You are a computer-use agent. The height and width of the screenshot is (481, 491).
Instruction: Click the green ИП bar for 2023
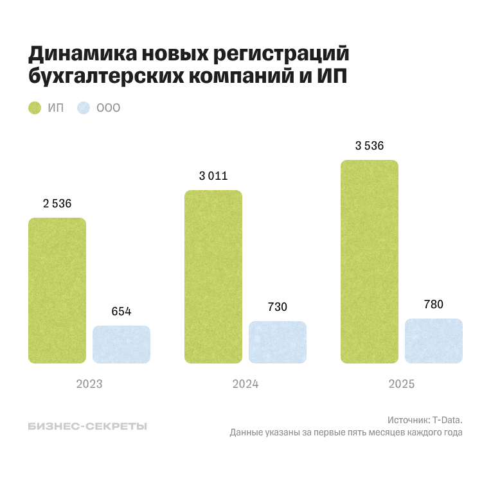(57, 290)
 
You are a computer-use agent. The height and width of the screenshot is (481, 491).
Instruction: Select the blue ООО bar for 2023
(121, 344)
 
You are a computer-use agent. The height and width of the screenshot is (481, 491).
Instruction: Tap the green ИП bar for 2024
(213, 277)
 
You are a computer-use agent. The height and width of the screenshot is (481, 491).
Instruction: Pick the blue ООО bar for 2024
(278, 342)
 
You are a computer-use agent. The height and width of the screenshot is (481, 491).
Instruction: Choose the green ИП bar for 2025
(369, 261)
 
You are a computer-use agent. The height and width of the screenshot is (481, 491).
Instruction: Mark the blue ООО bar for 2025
(434, 341)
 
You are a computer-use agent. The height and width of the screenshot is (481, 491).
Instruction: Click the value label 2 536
(57, 204)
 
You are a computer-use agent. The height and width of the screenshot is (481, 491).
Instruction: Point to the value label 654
(121, 311)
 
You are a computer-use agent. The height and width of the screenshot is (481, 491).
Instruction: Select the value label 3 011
(213, 176)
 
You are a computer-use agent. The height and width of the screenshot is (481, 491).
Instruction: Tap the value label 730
(278, 307)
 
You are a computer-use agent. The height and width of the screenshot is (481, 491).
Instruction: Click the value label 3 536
(370, 146)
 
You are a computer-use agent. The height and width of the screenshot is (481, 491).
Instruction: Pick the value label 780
(434, 304)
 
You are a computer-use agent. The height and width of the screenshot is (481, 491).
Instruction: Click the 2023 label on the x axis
(89, 384)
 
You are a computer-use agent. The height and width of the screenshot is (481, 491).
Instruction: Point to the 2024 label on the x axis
(245, 384)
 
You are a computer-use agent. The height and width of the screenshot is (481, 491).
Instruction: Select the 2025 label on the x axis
(402, 384)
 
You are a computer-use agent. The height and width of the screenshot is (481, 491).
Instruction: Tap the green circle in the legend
(35, 108)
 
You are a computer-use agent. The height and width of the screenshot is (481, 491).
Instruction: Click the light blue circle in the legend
(83, 108)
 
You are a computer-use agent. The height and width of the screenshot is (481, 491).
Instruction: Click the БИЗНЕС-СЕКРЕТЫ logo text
(87, 426)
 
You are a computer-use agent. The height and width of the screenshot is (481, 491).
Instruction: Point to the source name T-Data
(447, 419)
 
